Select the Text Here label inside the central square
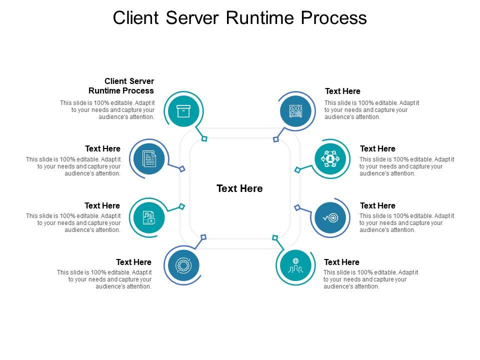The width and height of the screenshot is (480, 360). click(239, 188)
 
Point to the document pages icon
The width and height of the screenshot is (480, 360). click(149, 159)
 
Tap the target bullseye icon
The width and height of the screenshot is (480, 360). click(330, 217)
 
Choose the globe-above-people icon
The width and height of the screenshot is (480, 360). click(295, 265)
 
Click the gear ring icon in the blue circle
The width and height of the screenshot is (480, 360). click(183, 265)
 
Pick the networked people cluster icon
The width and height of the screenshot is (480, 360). click(330, 159)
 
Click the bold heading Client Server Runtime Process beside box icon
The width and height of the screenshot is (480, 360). click(121, 86)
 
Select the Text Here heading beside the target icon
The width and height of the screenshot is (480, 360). click(377, 205)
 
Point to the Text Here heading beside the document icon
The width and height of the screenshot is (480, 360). click(102, 148)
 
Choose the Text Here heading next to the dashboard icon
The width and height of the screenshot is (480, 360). click(342, 91)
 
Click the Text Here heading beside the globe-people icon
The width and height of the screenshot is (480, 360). click(341, 262)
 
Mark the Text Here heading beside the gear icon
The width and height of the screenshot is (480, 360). click(133, 262)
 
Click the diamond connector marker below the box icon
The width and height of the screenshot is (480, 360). click(204, 138)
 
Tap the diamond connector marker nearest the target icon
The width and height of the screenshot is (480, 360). click(296, 207)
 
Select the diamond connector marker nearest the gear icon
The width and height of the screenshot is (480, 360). click(203, 237)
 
